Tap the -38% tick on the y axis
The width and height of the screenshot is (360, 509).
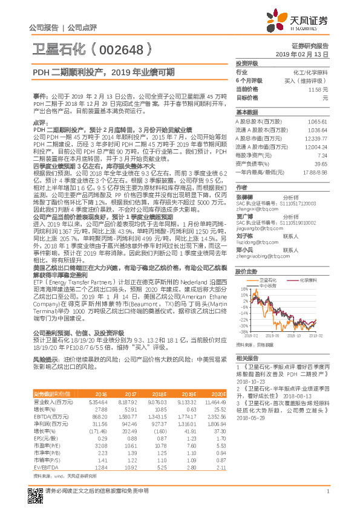(x=243, y=332)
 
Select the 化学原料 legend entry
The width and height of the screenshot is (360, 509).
(x=307, y=280)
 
